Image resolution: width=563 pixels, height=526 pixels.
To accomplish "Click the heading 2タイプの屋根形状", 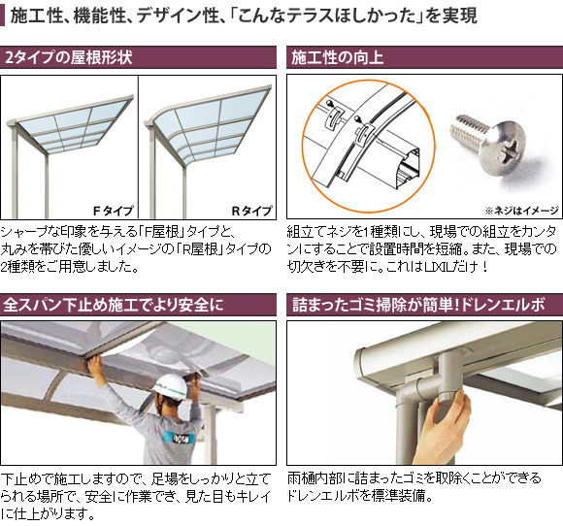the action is pyautogui.click(x=69, y=57).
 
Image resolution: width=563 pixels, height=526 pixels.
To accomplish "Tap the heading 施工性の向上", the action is pyautogui.click(x=337, y=57).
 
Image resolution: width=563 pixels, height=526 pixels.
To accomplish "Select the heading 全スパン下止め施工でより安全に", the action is pyautogui.click(x=114, y=305).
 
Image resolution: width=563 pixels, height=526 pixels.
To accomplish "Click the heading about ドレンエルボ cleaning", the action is pyautogui.click(x=418, y=305).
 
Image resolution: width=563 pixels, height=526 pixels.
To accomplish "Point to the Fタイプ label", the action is pyautogui.click(x=114, y=211).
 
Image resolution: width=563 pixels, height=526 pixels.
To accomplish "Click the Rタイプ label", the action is pyautogui.click(x=251, y=211).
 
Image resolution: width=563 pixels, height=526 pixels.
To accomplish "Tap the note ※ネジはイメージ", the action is pyautogui.click(x=521, y=211).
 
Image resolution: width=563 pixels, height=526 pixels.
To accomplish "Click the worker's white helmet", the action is pyautogui.click(x=170, y=386).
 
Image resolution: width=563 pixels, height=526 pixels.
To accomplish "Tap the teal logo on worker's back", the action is pyautogui.click(x=178, y=437).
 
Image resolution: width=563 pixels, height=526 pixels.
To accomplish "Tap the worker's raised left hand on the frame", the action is pyautogui.click(x=95, y=365).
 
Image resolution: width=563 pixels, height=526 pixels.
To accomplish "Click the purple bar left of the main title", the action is pyautogui.click(x=2, y=16).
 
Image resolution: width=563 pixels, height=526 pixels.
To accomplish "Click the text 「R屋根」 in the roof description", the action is pyautogui.click(x=199, y=248).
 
